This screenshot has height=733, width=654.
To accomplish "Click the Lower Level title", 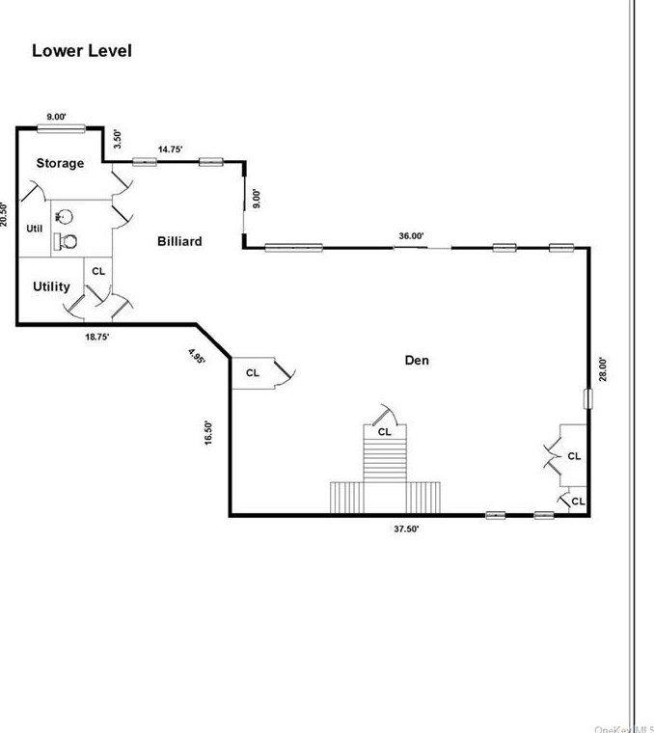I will (82, 51).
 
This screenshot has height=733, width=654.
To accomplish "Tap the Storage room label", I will (60, 163).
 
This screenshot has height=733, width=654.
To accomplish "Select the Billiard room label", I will (179, 241).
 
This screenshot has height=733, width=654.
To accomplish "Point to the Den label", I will (417, 361).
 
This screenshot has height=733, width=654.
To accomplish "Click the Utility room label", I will (51, 286).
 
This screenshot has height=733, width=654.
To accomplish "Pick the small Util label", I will (35, 229).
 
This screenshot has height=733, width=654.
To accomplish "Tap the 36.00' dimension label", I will (412, 235).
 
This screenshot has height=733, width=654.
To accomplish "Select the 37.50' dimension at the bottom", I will (405, 529).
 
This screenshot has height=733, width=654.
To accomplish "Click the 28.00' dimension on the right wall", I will (603, 370).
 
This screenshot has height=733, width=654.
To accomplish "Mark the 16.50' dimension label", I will (208, 430).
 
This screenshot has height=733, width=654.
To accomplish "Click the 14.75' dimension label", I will (170, 149).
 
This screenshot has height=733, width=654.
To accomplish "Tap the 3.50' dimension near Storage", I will (119, 138).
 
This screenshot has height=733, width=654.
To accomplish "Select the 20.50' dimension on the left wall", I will (5, 214).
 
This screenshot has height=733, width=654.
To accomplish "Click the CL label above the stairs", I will (385, 431).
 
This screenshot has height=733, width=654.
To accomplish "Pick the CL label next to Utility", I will (98, 272).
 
